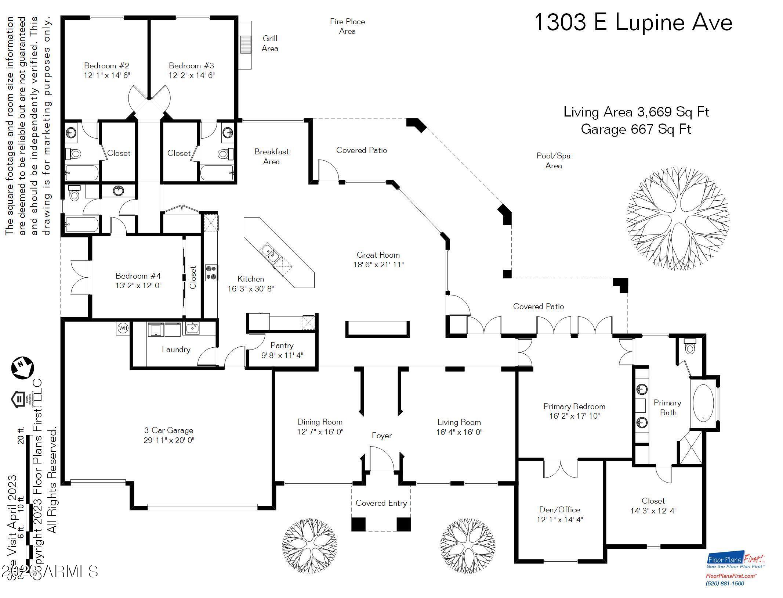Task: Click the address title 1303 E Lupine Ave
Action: pos(633,22)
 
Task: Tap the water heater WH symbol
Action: pos(123,328)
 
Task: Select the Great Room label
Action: pos(378,255)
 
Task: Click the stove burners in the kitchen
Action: pos(211,273)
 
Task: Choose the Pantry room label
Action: pos(282,345)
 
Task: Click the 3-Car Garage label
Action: pos(168,430)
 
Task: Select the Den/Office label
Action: pos(559,509)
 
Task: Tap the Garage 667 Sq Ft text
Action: pos(636,129)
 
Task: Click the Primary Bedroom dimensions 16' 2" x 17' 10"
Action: pos(574,416)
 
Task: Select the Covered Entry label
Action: pos(381,503)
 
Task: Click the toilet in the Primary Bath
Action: pos(690,347)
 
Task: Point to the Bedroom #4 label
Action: pos(138,276)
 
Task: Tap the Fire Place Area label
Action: pos(347,26)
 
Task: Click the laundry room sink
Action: pos(192,328)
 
